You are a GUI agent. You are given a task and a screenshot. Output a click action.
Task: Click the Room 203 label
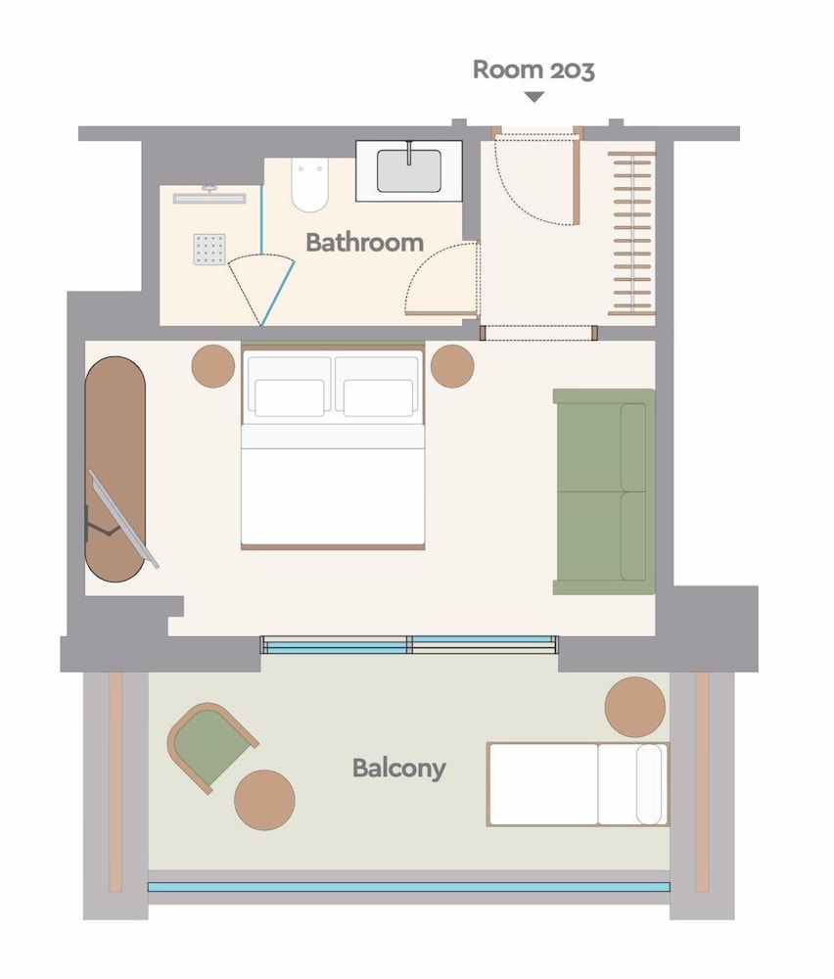coord(533,70)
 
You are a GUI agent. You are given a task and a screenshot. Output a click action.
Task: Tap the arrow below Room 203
coord(534,97)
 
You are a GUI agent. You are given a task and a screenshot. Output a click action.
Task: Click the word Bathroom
coord(364,242)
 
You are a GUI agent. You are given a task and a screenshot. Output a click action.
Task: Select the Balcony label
coord(399,768)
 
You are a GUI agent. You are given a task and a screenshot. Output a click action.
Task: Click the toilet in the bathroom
coord(309,185)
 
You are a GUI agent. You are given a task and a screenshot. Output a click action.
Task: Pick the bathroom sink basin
coord(409,170)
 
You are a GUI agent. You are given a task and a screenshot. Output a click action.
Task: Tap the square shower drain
coord(209,249)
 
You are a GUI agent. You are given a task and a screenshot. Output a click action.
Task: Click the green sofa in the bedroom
coord(604,491)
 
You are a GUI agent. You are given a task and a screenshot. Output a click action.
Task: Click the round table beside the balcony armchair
coord(264,800)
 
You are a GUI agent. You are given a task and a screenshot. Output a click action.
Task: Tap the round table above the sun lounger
coord(635,708)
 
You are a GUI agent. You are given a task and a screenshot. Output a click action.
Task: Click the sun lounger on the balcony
coord(578,784)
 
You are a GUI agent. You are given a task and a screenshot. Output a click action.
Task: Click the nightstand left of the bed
coord(213,366)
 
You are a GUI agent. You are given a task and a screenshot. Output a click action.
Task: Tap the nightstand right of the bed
coord(452,366)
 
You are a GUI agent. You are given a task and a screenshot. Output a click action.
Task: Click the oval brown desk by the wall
coord(116,470)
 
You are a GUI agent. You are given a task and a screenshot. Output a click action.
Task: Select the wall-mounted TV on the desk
coord(123,520)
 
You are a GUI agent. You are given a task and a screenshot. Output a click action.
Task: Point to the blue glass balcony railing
coord(408,887)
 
